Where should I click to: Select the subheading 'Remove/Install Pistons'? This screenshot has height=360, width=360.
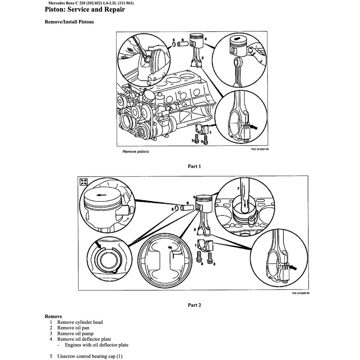(x=69, y=22)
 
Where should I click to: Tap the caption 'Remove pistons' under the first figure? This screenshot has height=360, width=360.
(x=135, y=152)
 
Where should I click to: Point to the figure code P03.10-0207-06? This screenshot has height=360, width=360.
(x=260, y=149)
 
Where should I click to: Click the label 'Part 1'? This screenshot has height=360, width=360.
(x=194, y=166)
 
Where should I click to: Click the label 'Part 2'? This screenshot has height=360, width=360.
(x=194, y=305)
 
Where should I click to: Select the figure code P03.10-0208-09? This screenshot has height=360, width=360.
(x=300, y=293)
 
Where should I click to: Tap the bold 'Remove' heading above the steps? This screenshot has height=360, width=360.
(x=53, y=316)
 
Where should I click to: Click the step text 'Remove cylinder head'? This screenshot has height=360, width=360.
(x=80, y=322)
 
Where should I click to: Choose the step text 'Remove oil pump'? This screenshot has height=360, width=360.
(x=75, y=333)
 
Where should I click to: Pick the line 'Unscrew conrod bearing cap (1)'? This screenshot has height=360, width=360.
(x=90, y=356)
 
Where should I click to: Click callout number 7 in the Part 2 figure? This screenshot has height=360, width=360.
(x=238, y=189)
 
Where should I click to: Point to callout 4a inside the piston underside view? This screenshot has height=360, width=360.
(x=170, y=247)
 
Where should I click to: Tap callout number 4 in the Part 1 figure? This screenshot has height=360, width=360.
(x=205, y=39)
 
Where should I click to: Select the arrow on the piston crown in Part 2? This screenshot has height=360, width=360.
(x=102, y=194)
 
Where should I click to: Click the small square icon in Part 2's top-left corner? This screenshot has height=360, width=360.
(x=84, y=181)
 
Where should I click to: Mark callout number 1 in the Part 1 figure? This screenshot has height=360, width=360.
(x=210, y=132)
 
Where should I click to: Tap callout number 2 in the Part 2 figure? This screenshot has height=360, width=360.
(x=194, y=229)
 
